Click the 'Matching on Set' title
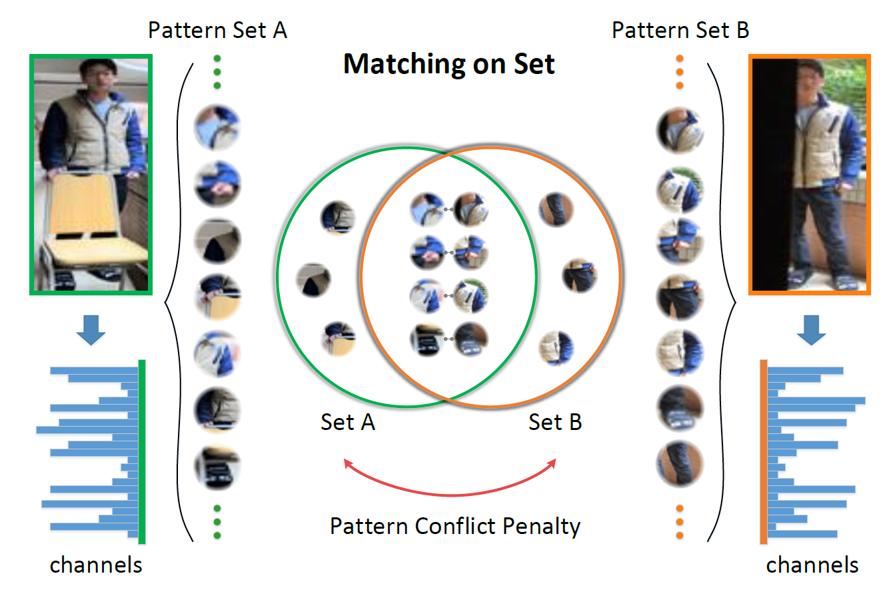(x=448, y=64)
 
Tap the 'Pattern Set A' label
(x=217, y=30)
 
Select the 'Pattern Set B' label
(x=680, y=30)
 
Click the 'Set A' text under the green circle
(x=348, y=422)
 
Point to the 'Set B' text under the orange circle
(x=555, y=422)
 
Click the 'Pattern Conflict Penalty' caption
(x=455, y=527)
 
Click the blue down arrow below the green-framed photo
(x=91, y=331)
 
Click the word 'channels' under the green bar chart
(x=96, y=565)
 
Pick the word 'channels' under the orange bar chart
(x=812, y=565)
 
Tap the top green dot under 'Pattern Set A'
(x=217, y=59)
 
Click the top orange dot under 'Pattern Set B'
(x=680, y=59)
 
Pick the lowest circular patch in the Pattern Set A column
(x=217, y=469)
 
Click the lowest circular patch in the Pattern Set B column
(x=680, y=463)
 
